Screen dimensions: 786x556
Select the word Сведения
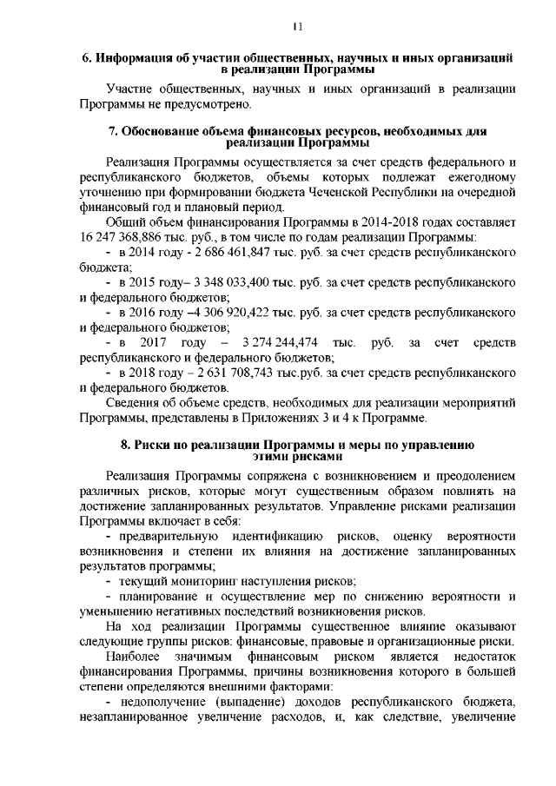(133, 402)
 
